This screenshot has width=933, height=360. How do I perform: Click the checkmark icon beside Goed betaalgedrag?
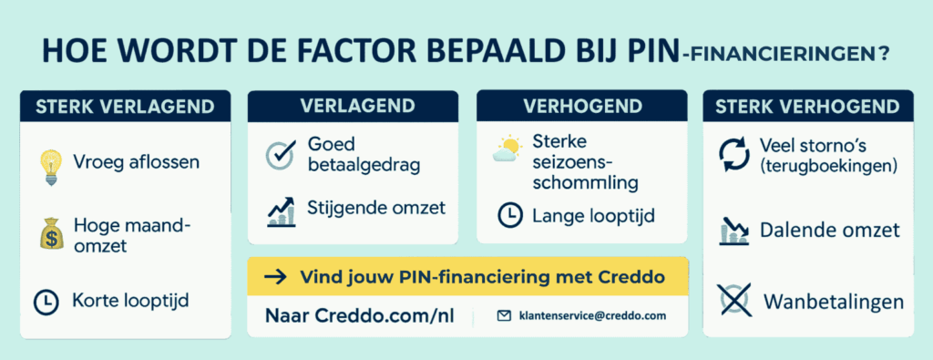click(x=280, y=154)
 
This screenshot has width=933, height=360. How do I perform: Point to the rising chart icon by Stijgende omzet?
click(x=280, y=211)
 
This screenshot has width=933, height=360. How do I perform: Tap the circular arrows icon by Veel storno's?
click(x=733, y=155)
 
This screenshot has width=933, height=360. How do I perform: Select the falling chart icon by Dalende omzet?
click(x=733, y=231)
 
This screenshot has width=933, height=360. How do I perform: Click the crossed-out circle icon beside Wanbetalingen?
click(x=733, y=299)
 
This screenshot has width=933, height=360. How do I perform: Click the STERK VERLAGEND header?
click(x=125, y=107)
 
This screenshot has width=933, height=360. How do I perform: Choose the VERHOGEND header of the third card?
click(x=580, y=105)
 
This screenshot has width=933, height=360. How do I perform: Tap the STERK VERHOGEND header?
click(x=807, y=107)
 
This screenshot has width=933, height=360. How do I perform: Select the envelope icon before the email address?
click(x=504, y=316)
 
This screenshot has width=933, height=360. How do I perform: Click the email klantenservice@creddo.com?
click(x=592, y=316)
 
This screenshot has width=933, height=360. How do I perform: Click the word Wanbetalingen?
click(x=834, y=301)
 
